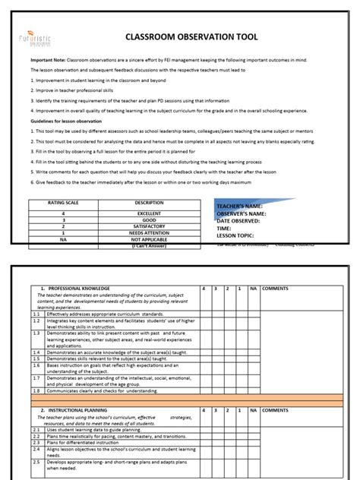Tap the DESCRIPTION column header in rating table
click(149, 203)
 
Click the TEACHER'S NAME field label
click(240, 207)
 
